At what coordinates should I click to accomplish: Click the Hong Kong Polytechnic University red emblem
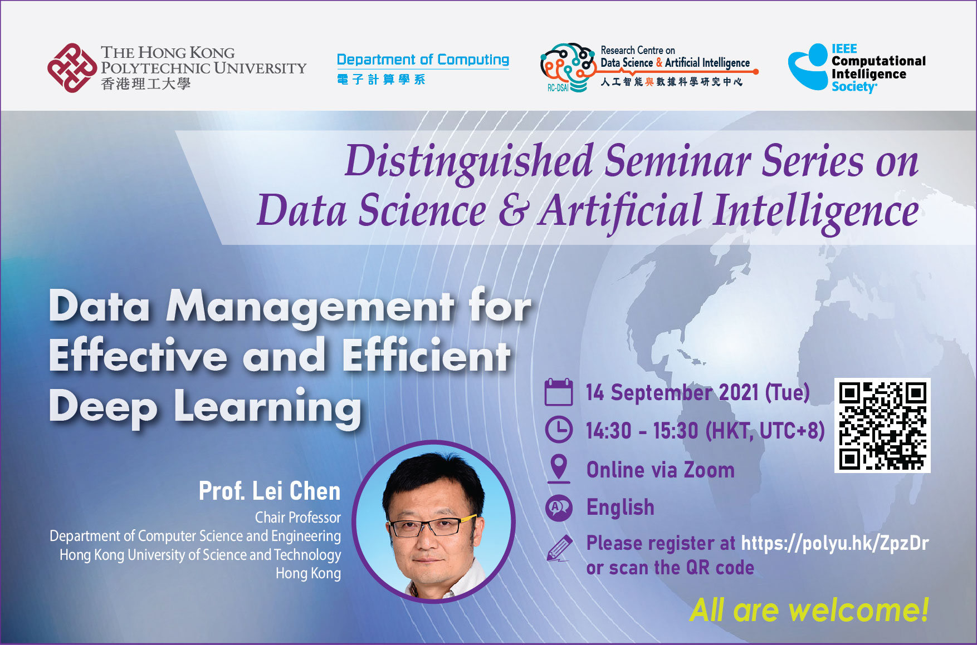click(72, 68)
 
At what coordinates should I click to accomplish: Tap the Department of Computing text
click(423, 60)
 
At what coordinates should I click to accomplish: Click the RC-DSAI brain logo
click(568, 67)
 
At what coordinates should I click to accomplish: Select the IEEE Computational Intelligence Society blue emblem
click(808, 67)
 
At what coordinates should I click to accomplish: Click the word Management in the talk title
click(310, 307)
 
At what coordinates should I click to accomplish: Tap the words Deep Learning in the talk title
click(205, 407)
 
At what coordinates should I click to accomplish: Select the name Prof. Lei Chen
click(270, 491)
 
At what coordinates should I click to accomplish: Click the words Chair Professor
click(298, 518)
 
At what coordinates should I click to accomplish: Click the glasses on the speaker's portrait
click(432, 525)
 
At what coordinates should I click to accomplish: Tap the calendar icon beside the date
click(558, 392)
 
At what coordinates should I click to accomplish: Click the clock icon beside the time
click(558, 430)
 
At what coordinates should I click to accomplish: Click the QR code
click(882, 426)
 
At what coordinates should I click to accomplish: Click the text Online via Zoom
click(661, 470)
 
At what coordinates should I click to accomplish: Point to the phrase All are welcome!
click(809, 610)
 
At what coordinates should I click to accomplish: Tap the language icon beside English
click(559, 508)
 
